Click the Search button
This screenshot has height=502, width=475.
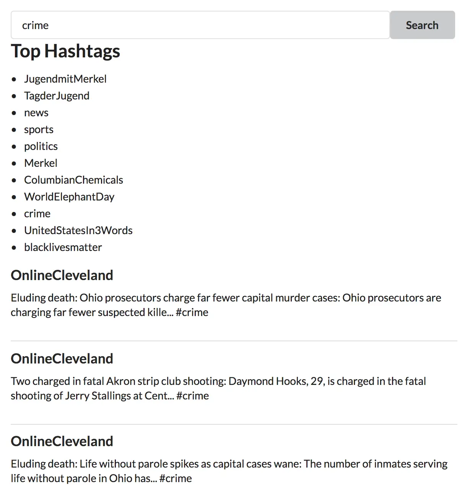[x=422, y=25]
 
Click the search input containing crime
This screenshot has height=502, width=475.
[x=200, y=25]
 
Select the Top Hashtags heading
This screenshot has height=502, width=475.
[x=65, y=51]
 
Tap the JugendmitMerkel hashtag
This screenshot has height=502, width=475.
[x=65, y=79]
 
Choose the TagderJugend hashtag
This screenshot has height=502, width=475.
[x=57, y=96]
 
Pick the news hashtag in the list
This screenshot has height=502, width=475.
[x=36, y=112]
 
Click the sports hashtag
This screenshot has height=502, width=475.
[x=39, y=129]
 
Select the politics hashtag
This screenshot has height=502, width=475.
[x=41, y=146]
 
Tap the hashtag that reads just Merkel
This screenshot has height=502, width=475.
[x=41, y=163]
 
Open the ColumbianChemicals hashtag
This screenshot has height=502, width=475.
[x=73, y=180]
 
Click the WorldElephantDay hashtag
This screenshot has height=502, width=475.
[x=69, y=197]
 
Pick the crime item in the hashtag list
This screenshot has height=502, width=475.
[x=37, y=214]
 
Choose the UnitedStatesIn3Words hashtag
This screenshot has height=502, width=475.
[x=78, y=230]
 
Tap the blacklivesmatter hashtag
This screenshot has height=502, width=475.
[x=63, y=247]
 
